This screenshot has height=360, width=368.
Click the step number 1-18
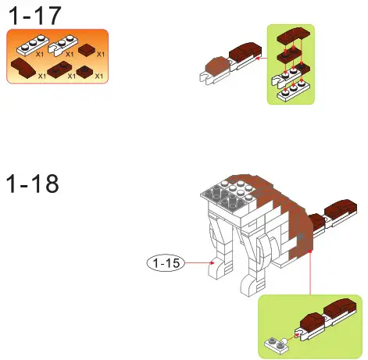coord(33,184)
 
